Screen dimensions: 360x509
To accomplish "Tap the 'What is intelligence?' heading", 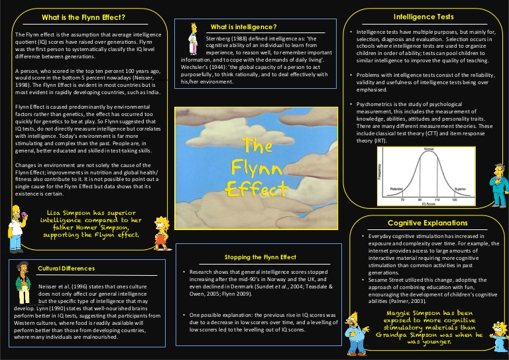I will pyautogui.click(x=243, y=27).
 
